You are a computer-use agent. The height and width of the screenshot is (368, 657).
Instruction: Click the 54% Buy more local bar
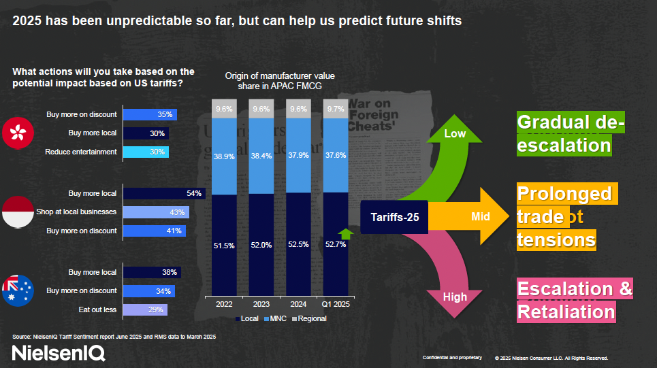point(163,194)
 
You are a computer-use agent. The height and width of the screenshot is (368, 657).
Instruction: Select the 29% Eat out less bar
point(144,310)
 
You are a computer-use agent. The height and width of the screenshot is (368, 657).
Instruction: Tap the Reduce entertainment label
point(81,152)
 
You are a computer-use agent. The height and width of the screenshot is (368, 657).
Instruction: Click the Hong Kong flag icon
point(18,133)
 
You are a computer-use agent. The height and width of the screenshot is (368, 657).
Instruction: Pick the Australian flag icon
point(18,290)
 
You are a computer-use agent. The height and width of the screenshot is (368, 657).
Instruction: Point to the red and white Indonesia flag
point(18,212)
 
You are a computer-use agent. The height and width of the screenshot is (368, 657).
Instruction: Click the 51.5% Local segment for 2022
point(225,245)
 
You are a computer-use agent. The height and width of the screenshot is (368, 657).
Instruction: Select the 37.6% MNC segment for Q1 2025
point(335,155)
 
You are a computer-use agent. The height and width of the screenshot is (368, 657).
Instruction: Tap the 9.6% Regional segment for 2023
point(261,109)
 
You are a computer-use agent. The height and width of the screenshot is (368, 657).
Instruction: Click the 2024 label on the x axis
point(298,305)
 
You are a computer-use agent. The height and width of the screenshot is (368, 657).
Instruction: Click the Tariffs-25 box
point(394,217)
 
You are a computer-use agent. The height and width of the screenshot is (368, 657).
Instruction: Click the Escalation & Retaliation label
point(575,300)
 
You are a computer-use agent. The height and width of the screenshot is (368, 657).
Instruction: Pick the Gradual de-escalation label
point(571,133)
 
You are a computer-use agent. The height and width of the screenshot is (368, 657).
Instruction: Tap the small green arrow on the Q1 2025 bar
point(345,234)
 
